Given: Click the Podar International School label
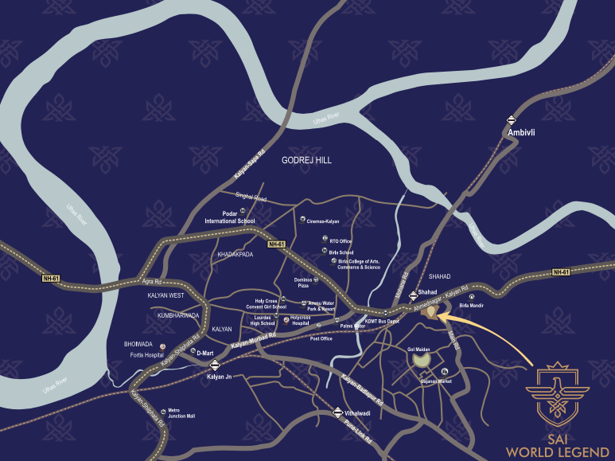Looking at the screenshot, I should pyautogui.click(x=230, y=221).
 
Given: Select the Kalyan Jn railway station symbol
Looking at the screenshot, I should pyautogui.click(x=212, y=365).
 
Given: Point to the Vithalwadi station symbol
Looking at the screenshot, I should pyautogui.click(x=338, y=413).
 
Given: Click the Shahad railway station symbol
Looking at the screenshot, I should pyautogui.click(x=412, y=295).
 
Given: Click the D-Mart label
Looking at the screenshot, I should pyautogui.click(x=206, y=353).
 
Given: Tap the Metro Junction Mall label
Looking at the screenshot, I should pyautogui.click(x=180, y=414).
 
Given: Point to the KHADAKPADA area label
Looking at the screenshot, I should pyautogui.click(x=235, y=255).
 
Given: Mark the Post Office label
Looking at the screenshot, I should pyautogui.click(x=321, y=338).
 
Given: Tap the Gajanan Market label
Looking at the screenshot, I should pyautogui.click(x=435, y=382).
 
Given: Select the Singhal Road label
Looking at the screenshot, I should pyautogui.click(x=252, y=195).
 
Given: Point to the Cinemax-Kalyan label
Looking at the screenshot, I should pyautogui.click(x=323, y=221).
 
